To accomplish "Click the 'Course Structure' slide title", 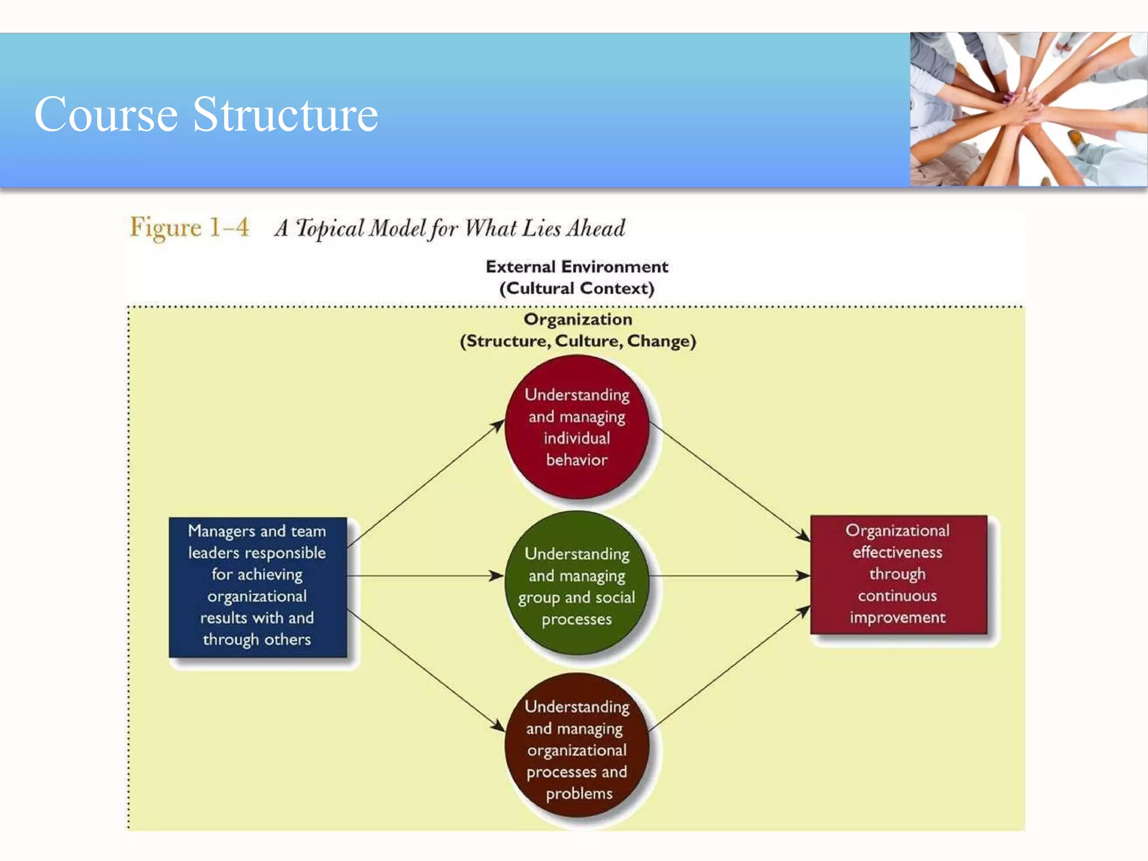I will click(x=206, y=114).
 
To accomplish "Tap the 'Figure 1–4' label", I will click(x=189, y=228).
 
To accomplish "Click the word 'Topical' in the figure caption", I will click(x=330, y=229).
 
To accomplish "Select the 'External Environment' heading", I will click(x=577, y=267).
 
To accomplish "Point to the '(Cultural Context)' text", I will click(x=577, y=289).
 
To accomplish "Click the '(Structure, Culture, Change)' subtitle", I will click(x=577, y=341).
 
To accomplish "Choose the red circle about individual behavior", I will click(x=577, y=427).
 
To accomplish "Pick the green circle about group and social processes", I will click(x=577, y=583).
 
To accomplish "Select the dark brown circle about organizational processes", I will click(x=577, y=746).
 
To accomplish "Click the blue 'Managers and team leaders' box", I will click(x=258, y=586).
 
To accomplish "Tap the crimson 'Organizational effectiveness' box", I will click(x=898, y=575).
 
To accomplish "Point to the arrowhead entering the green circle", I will click(x=497, y=576).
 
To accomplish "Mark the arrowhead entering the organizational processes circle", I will click(x=498, y=725).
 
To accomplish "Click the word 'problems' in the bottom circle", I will click(x=579, y=794).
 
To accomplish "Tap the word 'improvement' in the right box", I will click(x=897, y=618).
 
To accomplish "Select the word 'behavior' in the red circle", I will click(x=577, y=460).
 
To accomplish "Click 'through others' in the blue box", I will click(x=257, y=640).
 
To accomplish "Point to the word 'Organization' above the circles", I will click(x=577, y=320).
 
